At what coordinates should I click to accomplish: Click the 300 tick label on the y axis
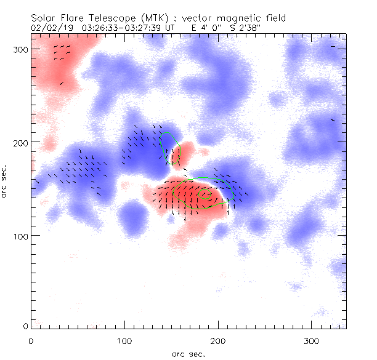pyautogui.click(x=18, y=49)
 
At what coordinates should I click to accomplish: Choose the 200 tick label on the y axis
pyautogui.click(x=18, y=142)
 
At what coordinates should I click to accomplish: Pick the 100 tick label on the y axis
pyautogui.click(x=18, y=236)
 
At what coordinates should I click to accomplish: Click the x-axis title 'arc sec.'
pyautogui.click(x=188, y=353)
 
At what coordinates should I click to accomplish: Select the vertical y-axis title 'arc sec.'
pyautogui.click(x=5, y=182)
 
